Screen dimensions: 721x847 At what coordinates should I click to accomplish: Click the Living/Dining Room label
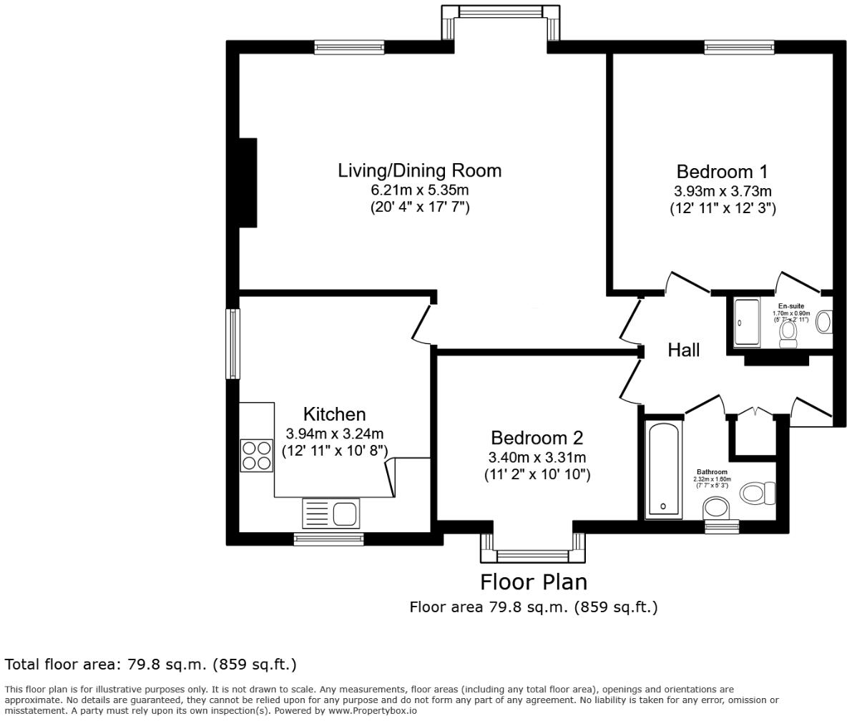(419, 170)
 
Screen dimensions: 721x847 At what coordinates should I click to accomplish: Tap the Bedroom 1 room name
(722, 172)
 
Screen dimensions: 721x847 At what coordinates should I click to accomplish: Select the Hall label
(683, 350)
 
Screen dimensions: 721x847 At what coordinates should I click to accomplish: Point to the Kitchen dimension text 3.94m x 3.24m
(334, 433)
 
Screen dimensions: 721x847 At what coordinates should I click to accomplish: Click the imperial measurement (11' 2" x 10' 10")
(537, 474)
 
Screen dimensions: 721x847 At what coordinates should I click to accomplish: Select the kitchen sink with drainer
(331, 513)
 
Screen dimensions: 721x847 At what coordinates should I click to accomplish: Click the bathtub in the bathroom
(665, 469)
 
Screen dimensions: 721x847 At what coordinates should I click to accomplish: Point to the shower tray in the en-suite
(747, 323)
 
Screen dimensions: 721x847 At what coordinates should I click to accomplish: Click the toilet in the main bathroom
(758, 492)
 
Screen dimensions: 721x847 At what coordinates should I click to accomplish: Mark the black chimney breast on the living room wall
(248, 182)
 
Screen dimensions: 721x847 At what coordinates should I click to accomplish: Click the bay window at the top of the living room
(500, 13)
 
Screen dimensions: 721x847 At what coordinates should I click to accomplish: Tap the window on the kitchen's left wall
(232, 343)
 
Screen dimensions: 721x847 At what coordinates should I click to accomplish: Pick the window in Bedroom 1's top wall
(738, 47)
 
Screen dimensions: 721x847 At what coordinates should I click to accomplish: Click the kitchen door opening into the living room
(421, 324)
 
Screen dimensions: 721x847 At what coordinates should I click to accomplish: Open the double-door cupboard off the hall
(752, 413)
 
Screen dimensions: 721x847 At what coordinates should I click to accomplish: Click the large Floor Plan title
(533, 582)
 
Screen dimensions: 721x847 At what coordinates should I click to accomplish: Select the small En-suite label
(791, 306)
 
